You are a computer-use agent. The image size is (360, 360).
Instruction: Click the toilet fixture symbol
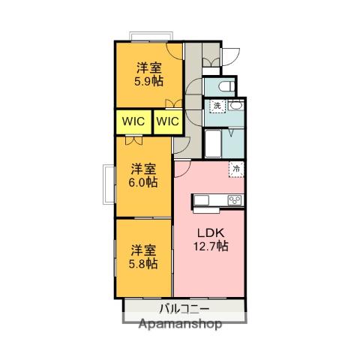(x=226, y=87)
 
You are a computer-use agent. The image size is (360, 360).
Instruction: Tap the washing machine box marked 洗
(x=217, y=106)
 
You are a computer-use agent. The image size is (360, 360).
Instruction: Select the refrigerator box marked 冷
(x=236, y=169)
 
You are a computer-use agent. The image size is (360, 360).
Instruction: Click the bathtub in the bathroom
(x=213, y=143)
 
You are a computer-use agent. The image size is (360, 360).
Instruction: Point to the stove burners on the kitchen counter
(x=235, y=200)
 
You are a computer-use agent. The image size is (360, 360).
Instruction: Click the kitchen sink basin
(x=202, y=200)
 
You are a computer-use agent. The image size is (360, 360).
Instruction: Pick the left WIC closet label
(x=133, y=121)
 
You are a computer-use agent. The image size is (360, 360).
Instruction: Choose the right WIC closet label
(x=167, y=121)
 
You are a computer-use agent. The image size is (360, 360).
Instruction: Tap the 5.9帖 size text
(x=149, y=81)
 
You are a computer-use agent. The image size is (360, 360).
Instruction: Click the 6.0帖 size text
(x=143, y=182)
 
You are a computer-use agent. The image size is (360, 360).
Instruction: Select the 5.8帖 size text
(x=143, y=264)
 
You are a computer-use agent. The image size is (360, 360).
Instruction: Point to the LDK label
(x=211, y=233)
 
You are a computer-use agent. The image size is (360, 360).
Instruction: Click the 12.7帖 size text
(x=211, y=246)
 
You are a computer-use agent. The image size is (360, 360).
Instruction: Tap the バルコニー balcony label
(x=184, y=309)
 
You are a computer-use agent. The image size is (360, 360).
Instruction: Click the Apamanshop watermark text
(x=180, y=324)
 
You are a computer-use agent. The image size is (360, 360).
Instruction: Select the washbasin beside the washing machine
(x=235, y=105)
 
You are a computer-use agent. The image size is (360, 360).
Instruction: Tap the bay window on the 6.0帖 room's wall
(x=109, y=184)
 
